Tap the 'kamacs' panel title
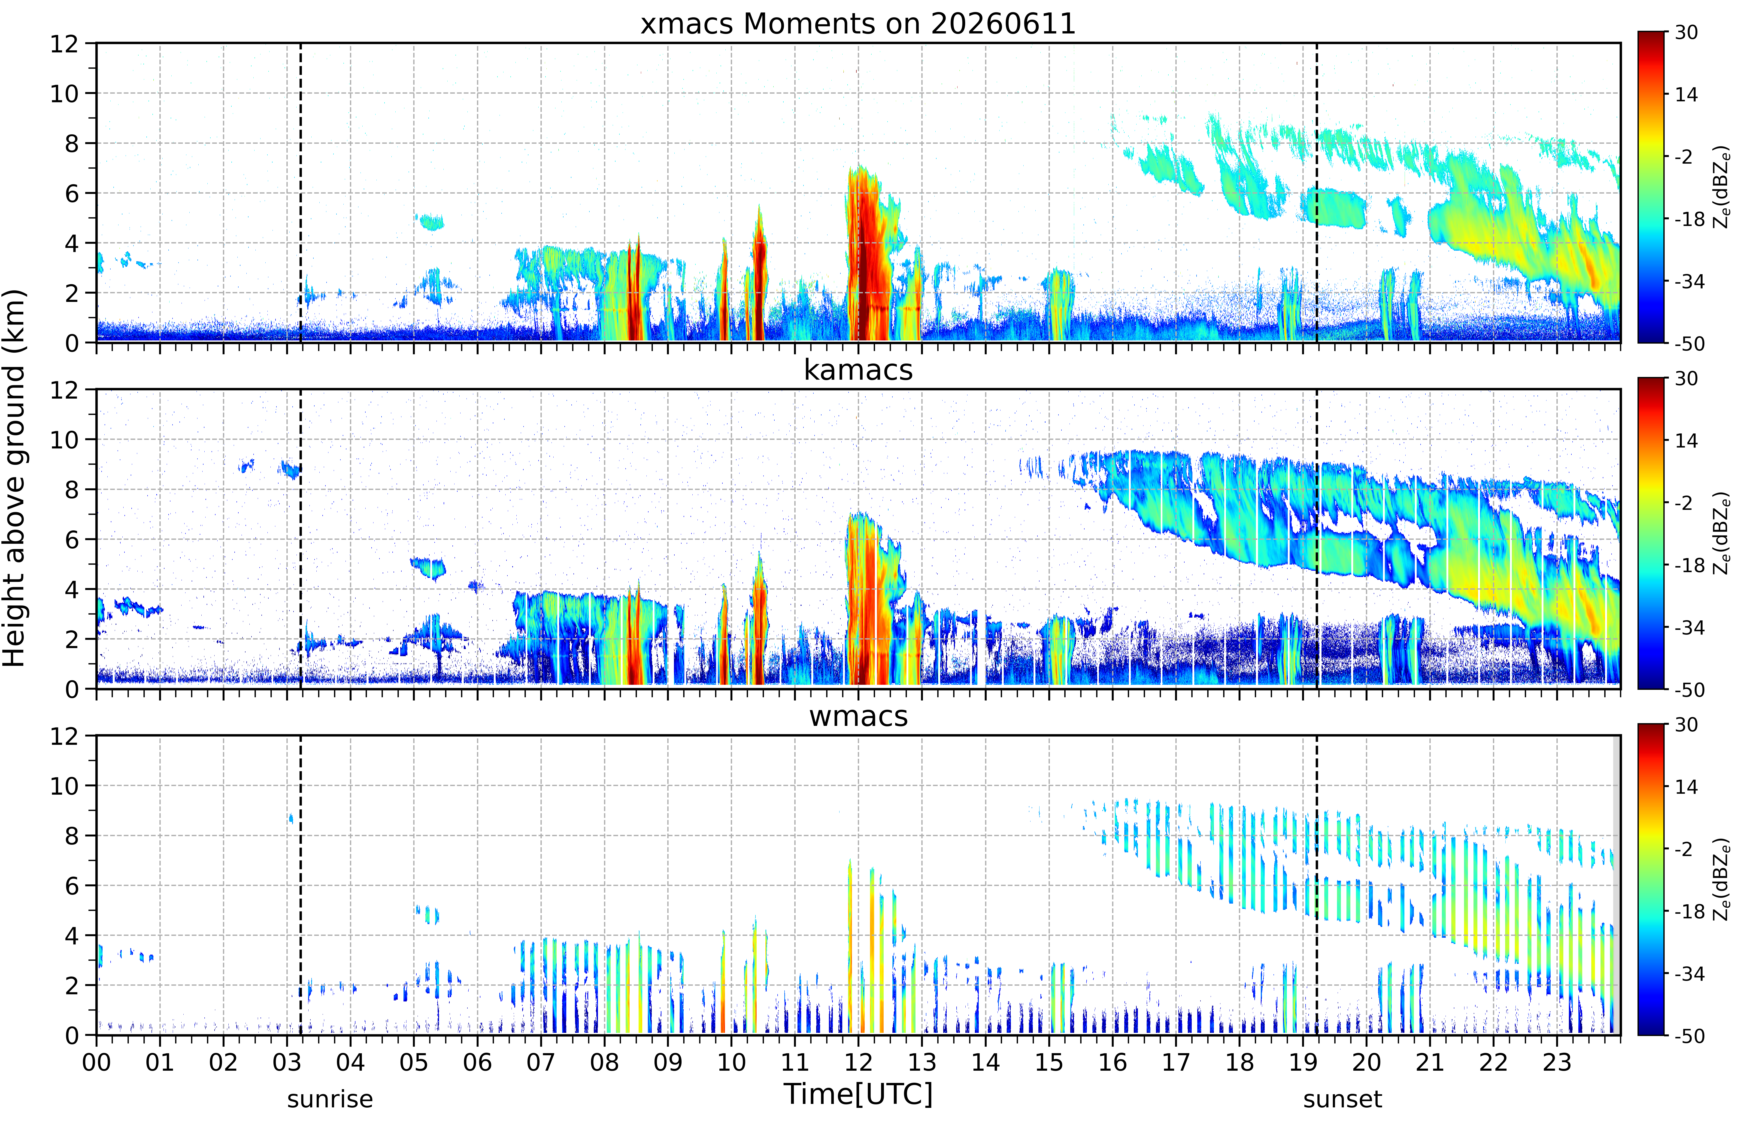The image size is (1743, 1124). click(858, 370)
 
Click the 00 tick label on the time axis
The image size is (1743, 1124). click(96, 1062)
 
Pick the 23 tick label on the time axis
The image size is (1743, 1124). click(1557, 1062)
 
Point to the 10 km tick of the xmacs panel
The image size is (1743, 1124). click(64, 93)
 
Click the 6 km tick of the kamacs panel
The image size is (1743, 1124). click(72, 539)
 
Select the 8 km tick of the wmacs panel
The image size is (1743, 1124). click(72, 836)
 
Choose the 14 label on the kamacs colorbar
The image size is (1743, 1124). click(1686, 441)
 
